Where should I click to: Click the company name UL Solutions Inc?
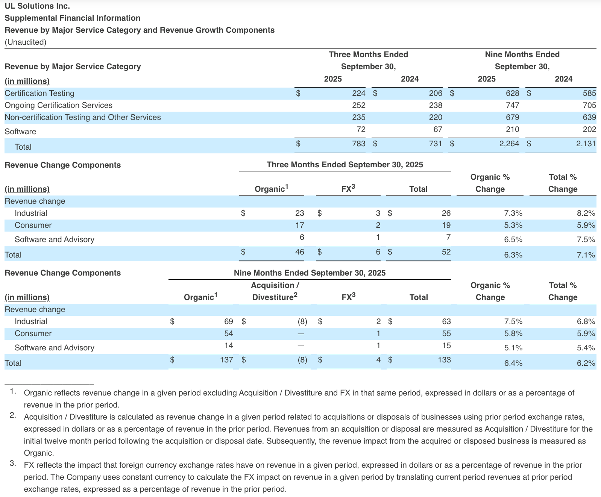pos(37,6)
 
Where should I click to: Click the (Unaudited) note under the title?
pos(25,42)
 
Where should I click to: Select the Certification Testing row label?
pos(39,93)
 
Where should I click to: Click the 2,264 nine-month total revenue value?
pos(509,143)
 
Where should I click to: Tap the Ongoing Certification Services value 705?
pos(589,105)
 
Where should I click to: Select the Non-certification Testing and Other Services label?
pos(83,117)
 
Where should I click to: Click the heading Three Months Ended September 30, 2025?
pos(345,165)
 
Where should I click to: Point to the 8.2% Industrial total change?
pos(586,213)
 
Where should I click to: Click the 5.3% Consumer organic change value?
pos(513,225)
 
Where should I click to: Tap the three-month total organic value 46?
pos(299,252)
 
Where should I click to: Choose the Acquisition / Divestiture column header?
pos(275,291)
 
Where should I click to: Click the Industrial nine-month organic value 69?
pos(228,321)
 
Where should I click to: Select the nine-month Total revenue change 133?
pos(444,360)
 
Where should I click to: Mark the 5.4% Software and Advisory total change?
pos(586,348)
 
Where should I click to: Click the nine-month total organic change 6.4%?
pos(513,363)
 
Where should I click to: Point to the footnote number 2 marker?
pos(13,415)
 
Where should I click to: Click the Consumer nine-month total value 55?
pos(446,333)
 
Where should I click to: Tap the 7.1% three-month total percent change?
pos(586,255)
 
